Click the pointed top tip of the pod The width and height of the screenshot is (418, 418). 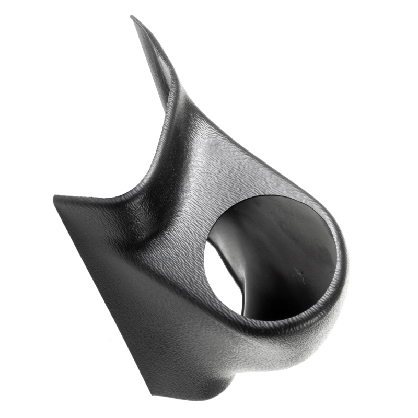pyautogui.click(x=133, y=18)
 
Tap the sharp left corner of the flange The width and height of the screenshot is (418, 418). pyautogui.click(x=55, y=198)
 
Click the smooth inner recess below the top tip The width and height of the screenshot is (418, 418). pyautogui.click(x=157, y=63)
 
